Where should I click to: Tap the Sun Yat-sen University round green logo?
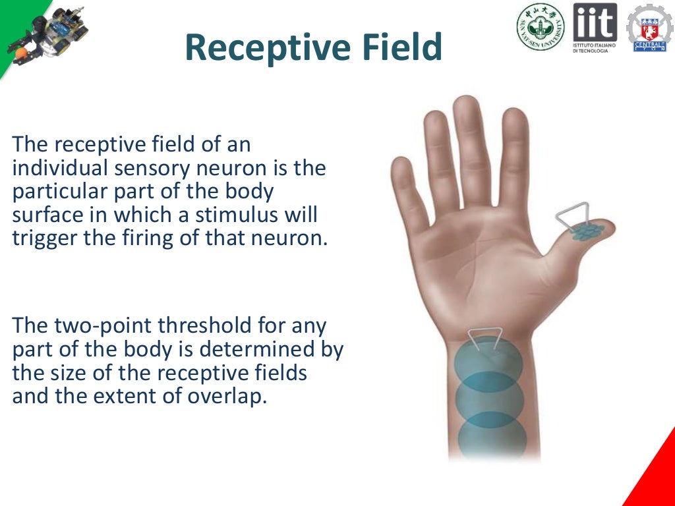pos(540,27)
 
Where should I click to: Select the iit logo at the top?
pos(595,28)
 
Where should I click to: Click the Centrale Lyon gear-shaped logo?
pos(649,28)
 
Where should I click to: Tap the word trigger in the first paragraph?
pos(45,238)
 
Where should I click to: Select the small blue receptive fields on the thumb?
pos(587,231)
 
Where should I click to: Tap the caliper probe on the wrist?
pos(488,339)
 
